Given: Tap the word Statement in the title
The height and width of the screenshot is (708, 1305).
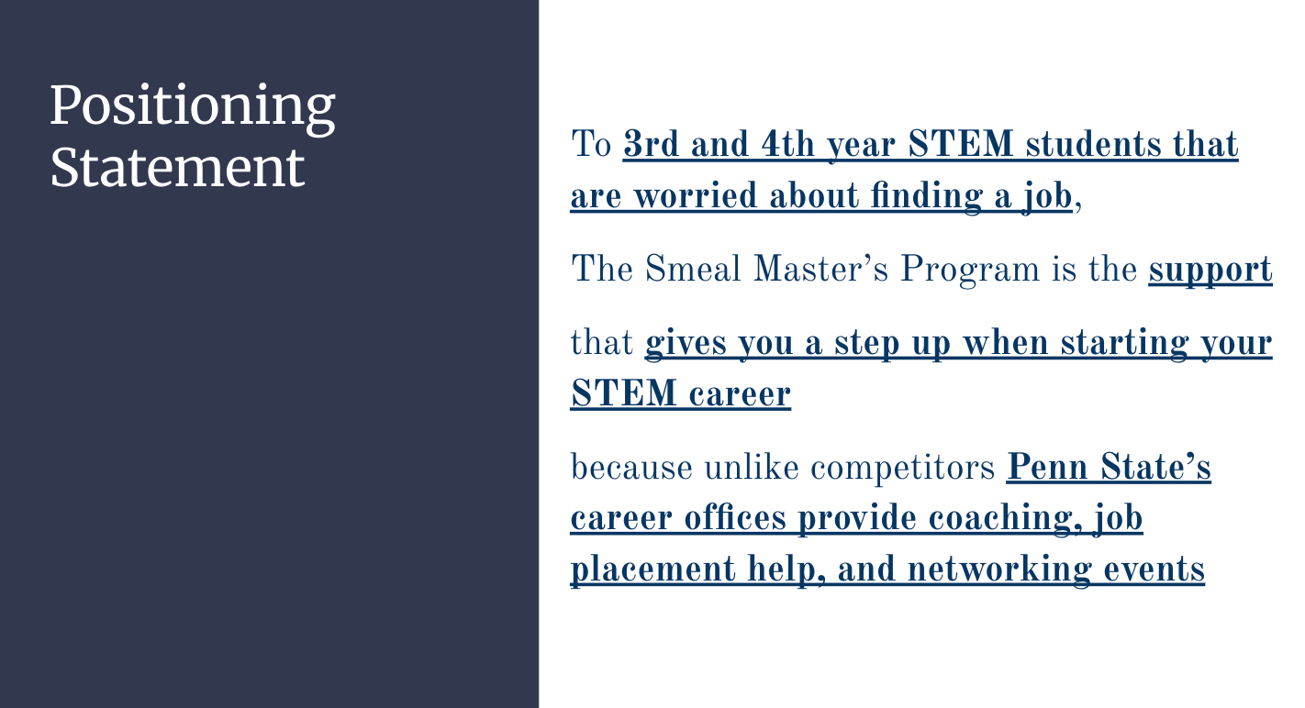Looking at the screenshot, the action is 178,167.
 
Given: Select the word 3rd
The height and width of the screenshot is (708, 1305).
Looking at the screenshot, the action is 652,143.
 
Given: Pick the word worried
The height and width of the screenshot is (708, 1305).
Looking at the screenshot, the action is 696,194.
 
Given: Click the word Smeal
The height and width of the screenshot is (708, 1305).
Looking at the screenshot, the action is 693,269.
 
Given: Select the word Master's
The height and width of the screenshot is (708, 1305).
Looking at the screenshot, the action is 820,269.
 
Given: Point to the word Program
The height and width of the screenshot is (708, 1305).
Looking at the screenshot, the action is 970,271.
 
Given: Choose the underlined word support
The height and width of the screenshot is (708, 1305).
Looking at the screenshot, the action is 1210,271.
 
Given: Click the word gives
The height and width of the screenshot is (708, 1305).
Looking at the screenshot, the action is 686,344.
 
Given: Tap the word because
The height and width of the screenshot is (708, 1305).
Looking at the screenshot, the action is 631,467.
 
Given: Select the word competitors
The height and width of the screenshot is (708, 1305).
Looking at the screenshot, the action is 902,468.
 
